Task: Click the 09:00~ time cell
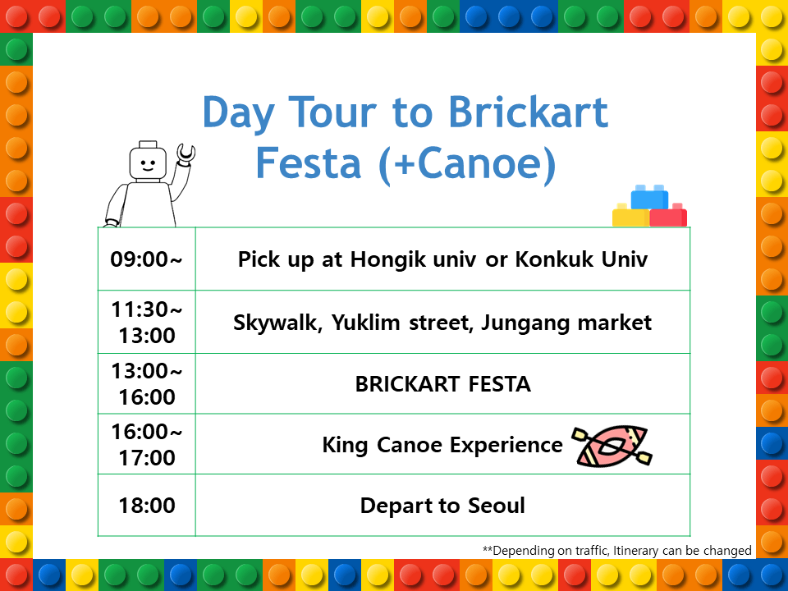(146, 259)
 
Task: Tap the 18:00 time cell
(146, 505)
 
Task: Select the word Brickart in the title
(528, 112)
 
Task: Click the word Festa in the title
(309, 163)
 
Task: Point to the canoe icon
(612, 446)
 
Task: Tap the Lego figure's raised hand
(186, 153)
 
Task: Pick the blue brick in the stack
(649, 197)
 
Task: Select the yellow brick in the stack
(630, 216)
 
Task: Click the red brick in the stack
(668, 216)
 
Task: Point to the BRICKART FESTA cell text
(442, 384)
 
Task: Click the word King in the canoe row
(345, 446)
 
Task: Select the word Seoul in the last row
(497, 506)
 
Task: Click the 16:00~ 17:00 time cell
(146, 444)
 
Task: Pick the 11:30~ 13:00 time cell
(146, 322)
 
